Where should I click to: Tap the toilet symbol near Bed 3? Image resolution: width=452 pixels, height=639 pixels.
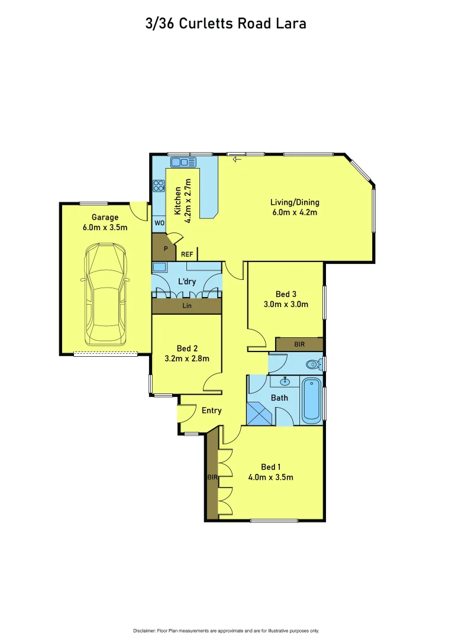312,363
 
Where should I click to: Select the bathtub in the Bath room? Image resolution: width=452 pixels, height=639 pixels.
312,401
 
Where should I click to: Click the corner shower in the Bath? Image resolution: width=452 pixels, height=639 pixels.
260,414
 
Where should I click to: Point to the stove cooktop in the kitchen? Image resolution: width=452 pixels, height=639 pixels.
159,186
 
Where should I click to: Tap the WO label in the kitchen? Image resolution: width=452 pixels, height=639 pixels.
159,224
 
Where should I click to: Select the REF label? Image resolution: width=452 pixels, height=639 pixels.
187,254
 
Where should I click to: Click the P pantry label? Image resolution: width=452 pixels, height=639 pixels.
166,249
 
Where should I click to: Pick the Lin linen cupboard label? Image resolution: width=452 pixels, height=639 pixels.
186,306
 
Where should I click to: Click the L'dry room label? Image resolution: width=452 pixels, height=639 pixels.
187,282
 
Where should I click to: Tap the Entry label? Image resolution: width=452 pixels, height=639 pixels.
211,411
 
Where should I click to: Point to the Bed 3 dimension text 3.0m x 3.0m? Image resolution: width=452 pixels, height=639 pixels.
286,305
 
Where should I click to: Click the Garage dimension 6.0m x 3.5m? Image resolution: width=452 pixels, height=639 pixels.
105,227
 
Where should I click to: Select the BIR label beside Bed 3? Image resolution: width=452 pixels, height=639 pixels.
299,344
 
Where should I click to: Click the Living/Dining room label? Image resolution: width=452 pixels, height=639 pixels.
294,203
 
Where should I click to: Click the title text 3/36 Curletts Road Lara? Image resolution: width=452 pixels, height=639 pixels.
225,24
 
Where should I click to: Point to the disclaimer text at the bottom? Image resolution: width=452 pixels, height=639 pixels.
225,630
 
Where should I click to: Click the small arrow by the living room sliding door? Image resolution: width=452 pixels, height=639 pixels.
238,159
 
